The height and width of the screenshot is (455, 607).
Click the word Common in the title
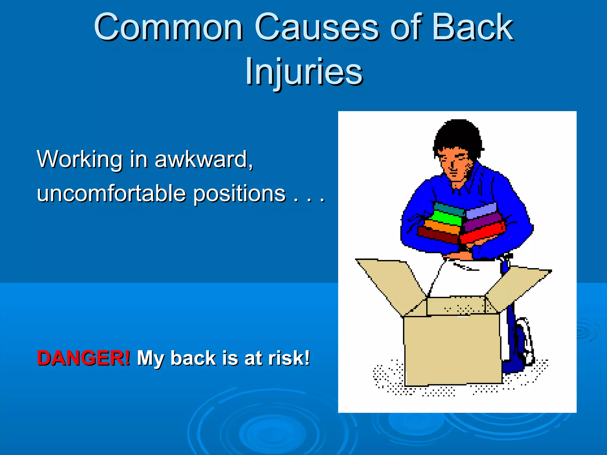point(168,28)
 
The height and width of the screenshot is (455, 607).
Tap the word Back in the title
point(472,28)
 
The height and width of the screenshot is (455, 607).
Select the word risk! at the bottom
point(289,358)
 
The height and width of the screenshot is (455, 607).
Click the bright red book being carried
point(482,233)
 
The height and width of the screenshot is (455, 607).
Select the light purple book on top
point(482,210)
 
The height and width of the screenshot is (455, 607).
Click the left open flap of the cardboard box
point(391,281)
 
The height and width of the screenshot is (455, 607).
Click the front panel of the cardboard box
point(452,350)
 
